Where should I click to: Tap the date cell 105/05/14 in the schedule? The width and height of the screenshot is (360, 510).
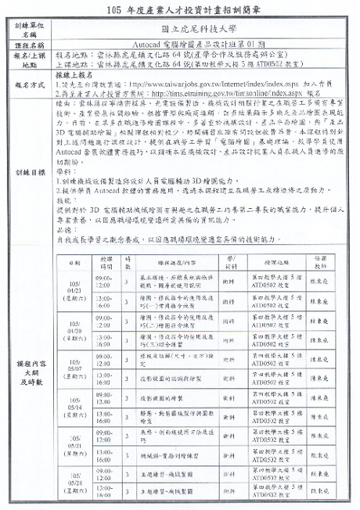click(x=75, y=407)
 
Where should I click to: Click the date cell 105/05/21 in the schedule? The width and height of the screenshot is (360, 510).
click(x=75, y=445)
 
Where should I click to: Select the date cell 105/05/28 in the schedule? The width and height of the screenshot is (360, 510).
click(x=75, y=484)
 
